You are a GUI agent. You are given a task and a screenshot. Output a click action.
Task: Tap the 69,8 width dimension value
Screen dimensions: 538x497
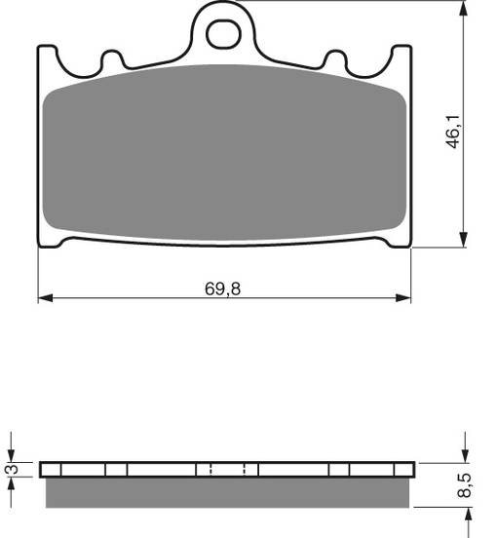(223, 288)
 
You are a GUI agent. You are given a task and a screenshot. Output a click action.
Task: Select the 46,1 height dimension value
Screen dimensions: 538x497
(453, 130)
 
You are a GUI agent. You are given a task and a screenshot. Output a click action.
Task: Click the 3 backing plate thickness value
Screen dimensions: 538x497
(11, 470)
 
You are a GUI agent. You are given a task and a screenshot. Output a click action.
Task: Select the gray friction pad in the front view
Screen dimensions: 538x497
(223, 156)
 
